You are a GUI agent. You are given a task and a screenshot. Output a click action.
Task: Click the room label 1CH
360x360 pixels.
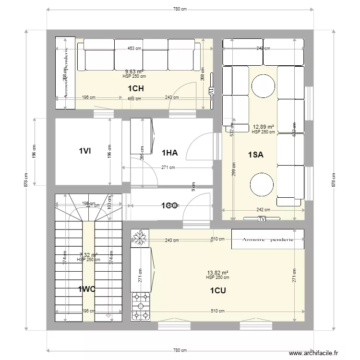tap(136, 88)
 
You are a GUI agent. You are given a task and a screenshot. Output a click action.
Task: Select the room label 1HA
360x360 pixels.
tap(169, 153)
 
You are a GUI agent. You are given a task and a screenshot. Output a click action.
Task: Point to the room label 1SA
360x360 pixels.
tap(255, 155)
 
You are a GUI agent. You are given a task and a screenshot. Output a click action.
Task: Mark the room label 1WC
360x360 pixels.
tap(87, 289)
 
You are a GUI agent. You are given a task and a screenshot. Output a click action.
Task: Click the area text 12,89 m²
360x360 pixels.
tap(263, 127)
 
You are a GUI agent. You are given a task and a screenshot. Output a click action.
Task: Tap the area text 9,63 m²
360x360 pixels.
tap(134, 72)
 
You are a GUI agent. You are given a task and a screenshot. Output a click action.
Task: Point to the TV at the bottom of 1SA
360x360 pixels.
tap(262, 219)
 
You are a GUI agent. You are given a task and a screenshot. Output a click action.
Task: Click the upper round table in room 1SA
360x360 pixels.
tap(263, 88)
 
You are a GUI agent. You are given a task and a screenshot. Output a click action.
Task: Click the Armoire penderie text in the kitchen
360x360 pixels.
tap(267, 239)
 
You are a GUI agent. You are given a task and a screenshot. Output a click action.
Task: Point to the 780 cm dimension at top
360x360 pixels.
tap(180, 9)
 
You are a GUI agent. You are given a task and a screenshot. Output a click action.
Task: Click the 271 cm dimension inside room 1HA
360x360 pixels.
tap(168, 168)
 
